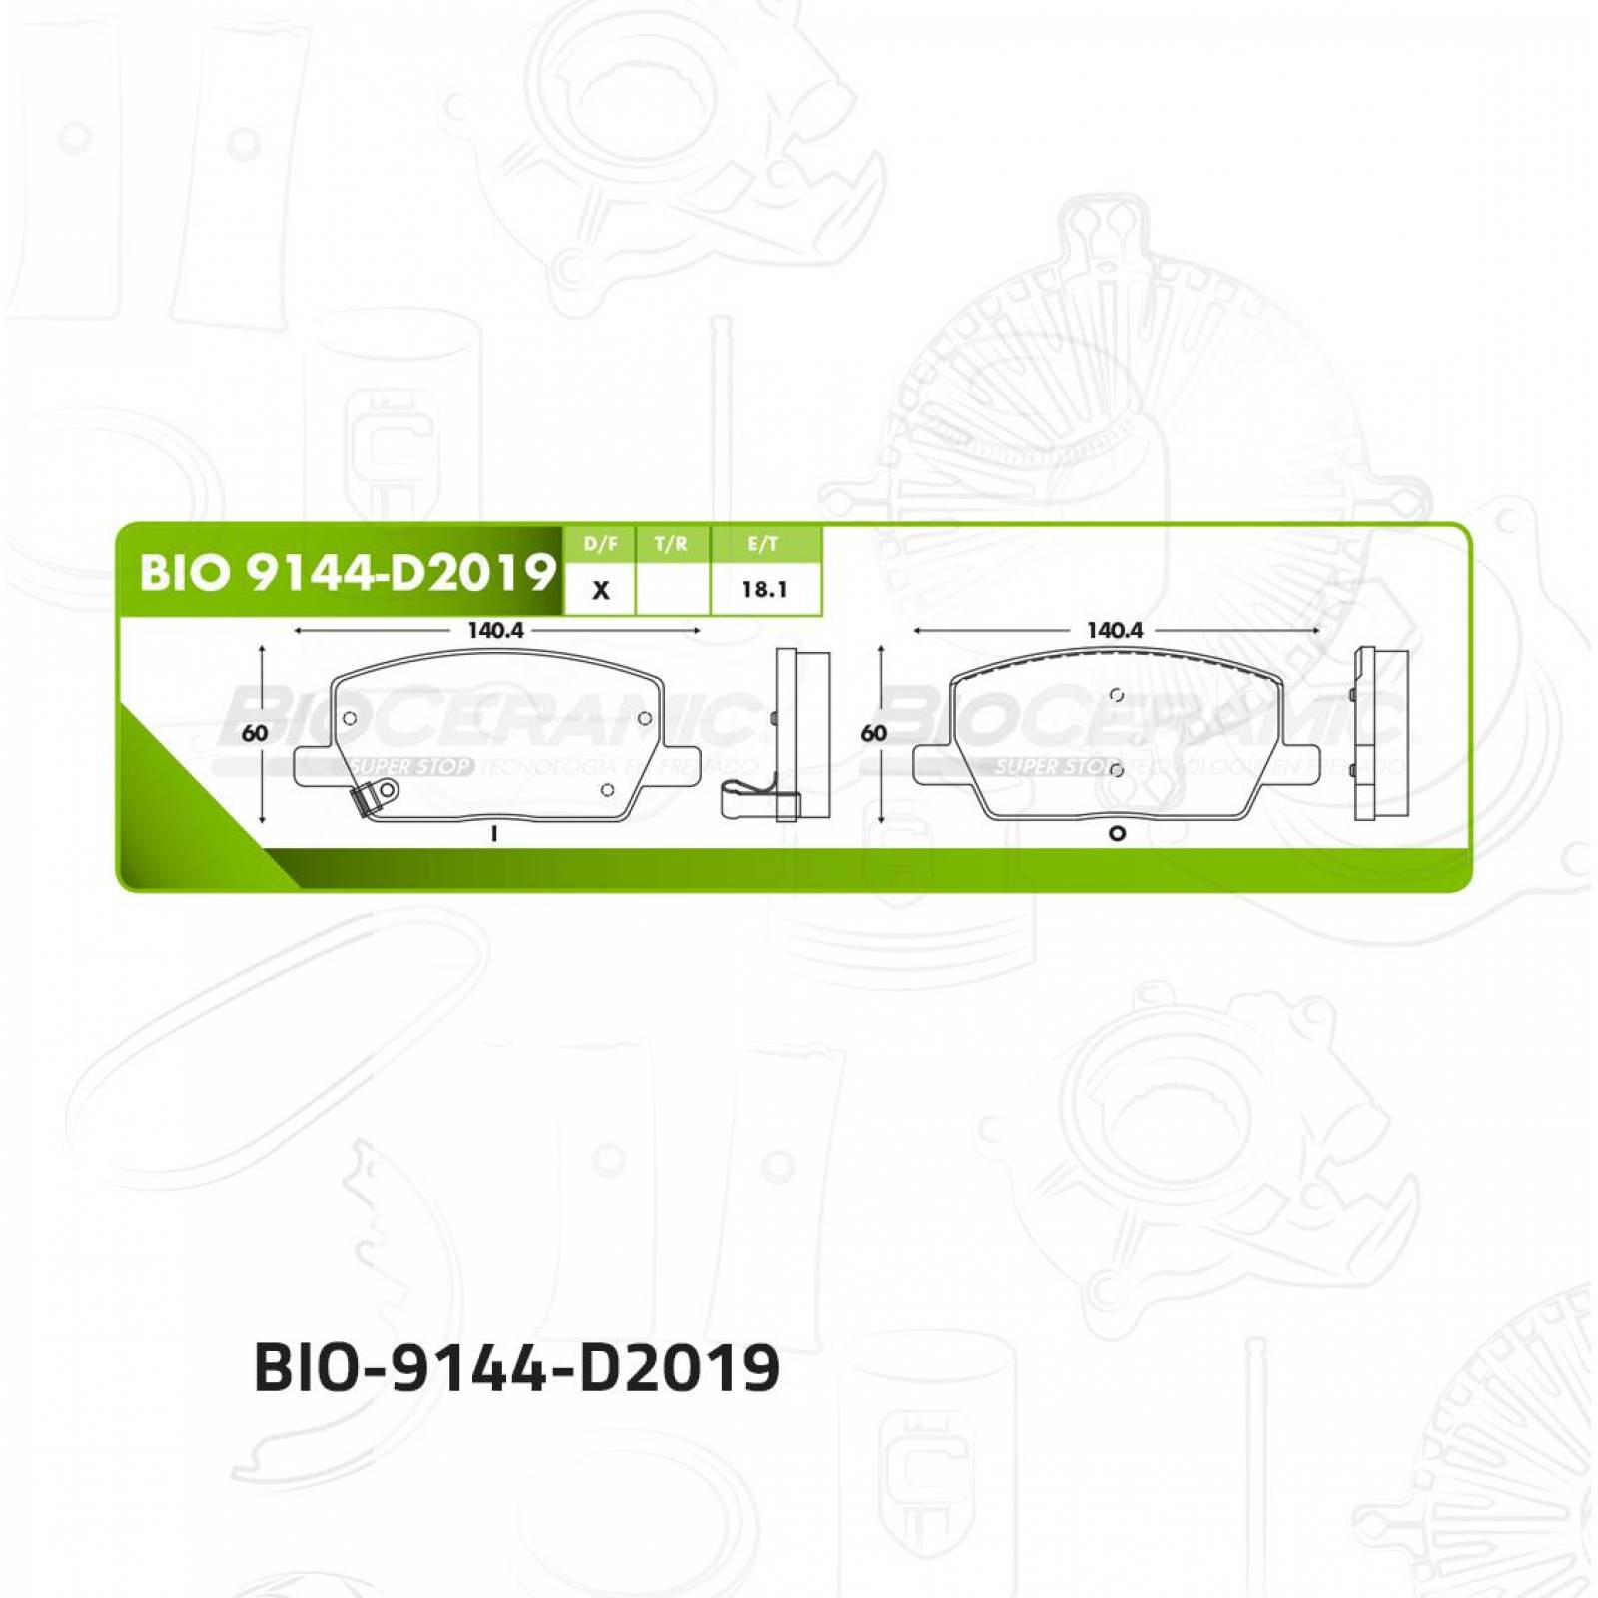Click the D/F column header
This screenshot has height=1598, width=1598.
pyautogui.click(x=600, y=544)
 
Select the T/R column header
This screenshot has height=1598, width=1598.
pyautogui.click(x=671, y=544)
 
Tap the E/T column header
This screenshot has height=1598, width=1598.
pyautogui.click(x=764, y=544)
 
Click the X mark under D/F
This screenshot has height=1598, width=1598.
pyautogui.click(x=600, y=590)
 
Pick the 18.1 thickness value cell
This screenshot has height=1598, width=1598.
pyautogui.click(x=764, y=590)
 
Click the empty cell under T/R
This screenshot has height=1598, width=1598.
pyautogui.click(x=672, y=590)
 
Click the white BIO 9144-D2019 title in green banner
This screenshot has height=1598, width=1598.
pyautogui.click(x=346, y=572)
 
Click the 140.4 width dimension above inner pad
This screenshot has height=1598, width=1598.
pyautogui.click(x=495, y=631)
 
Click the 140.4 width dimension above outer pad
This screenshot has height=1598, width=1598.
pyautogui.click(x=1115, y=631)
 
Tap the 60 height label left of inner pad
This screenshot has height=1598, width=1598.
pyautogui.click(x=255, y=733)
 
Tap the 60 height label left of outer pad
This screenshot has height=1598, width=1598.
pyautogui.click(x=874, y=733)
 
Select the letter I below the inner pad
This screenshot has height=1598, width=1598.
pyautogui.click(x=494, y=834)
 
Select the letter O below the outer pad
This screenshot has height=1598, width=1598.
pyautogui.click(x=1117, y=834)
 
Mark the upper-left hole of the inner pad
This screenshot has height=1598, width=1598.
pyautogui.click(x=350, y=718)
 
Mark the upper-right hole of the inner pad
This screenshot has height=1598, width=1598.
pyautogui.click(x=645, y=718)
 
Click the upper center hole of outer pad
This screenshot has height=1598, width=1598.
pyautogui.click(x=1117, y=695)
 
